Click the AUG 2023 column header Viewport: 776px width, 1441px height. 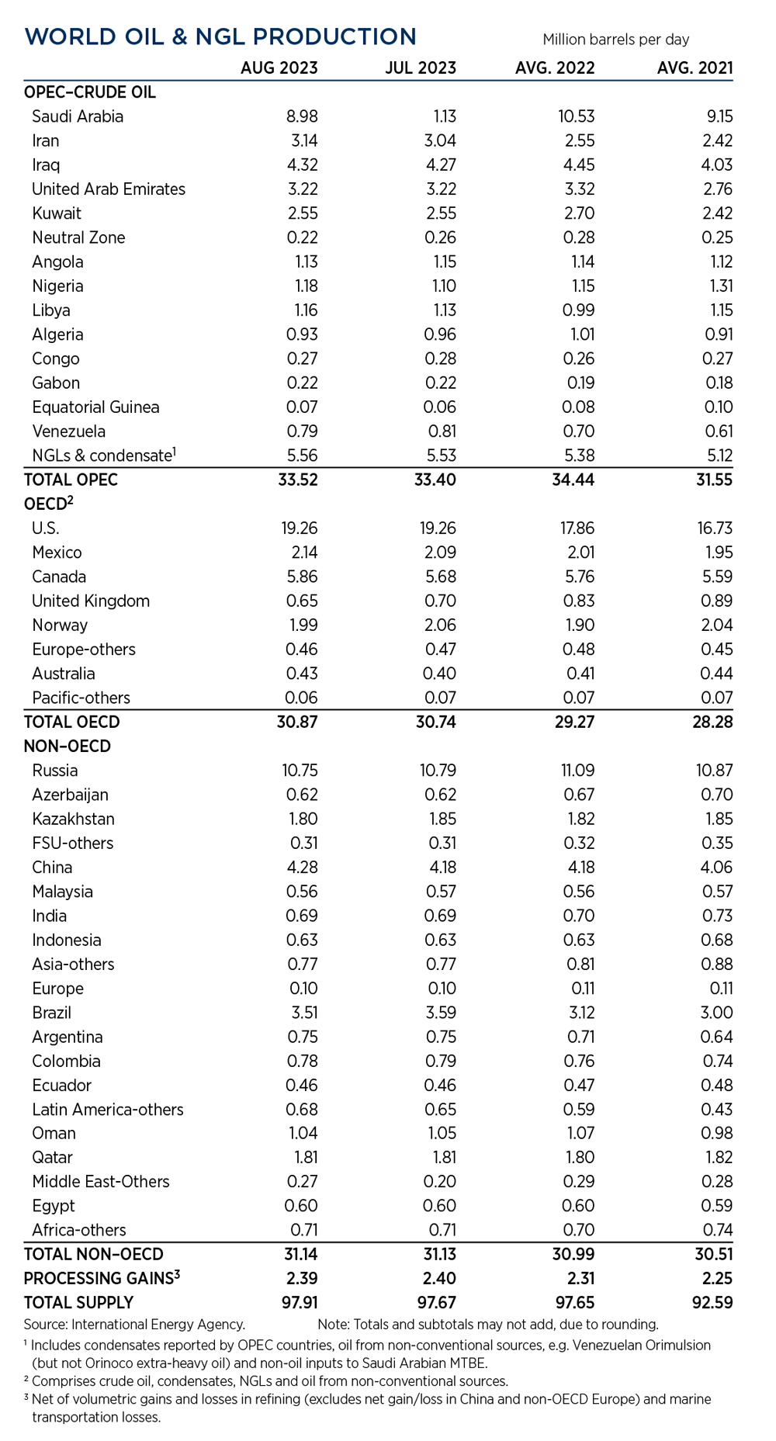[279, 68]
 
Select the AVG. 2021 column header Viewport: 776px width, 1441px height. [695, 68]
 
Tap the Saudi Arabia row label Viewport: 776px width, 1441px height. [78, 116]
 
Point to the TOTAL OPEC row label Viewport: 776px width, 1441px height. [71, 480]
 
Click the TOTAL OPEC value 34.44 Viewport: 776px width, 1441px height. [573, 480]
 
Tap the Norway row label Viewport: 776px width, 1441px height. [60, 625]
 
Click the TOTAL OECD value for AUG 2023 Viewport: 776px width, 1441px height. [297, 722]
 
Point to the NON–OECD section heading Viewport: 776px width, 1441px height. [68, 746]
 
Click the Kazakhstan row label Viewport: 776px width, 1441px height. [73, 819]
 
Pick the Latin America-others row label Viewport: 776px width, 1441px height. [108, 1110]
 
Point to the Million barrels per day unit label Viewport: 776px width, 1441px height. [615, 40]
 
